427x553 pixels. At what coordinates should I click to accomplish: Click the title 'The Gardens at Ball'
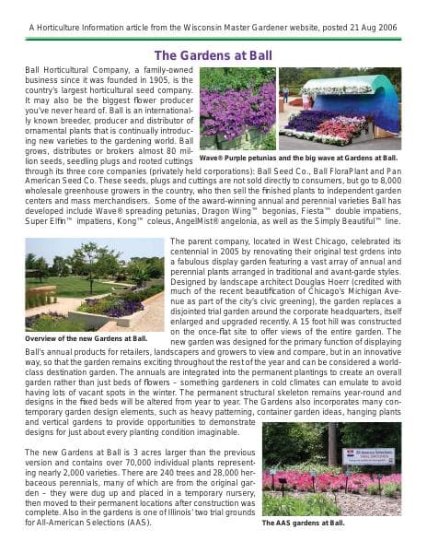(213, 55)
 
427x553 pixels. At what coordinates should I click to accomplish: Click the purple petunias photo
(237, 108)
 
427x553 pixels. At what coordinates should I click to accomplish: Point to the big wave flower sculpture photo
(340, 108)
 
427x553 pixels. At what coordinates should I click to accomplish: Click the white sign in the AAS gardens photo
(368, 455)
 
